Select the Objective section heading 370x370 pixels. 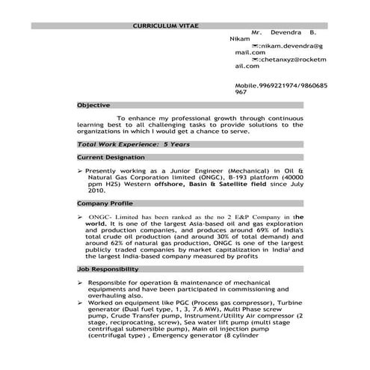pyautogui.click(x=94, y=105)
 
